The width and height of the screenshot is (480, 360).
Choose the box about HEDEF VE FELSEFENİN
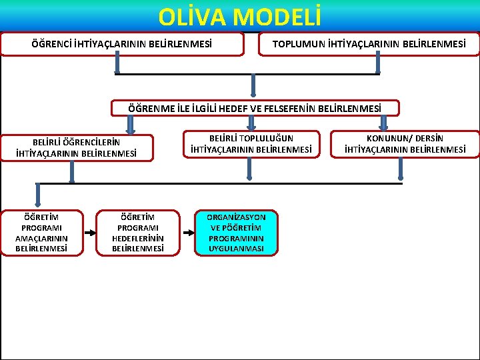tap(255, 108)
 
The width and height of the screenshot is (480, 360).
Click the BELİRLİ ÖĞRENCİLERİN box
tap(77, 148)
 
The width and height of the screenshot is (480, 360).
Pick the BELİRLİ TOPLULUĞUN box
tap(251, 144)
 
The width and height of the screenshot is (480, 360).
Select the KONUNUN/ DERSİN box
tap(405, 144)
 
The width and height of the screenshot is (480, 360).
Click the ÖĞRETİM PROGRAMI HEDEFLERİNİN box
tap(138, 233)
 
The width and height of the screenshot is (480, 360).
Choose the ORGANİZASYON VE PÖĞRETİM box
tap(236, 233)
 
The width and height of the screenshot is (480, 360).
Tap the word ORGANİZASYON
tap(236, 217)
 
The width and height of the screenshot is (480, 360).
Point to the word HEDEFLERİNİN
tap(138, 238)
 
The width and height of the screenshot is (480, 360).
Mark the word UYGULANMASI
tap(236, 249)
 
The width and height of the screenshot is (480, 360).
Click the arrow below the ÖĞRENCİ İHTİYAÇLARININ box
tap(117, 64)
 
